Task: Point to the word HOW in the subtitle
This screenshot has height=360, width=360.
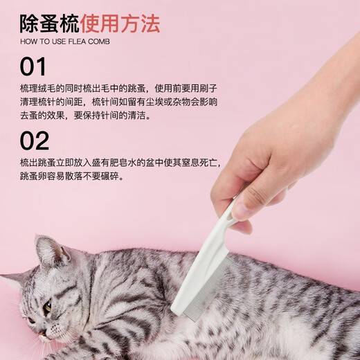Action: tap(29, 42)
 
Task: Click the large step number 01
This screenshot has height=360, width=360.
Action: tap(33, 68)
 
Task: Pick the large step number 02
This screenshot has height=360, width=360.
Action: tap(35, 141)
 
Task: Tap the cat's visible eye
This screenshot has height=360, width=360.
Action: tap(46, 305)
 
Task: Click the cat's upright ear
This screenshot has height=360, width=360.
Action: tap(48, 251)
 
